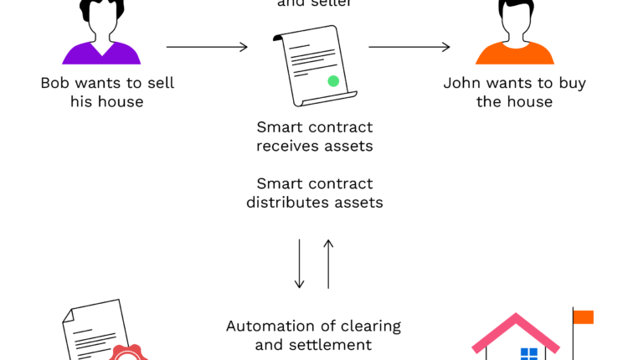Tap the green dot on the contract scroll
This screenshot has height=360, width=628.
click(333, 81)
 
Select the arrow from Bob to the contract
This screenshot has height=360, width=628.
click(207, 47)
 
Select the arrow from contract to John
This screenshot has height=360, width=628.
click(411, 47)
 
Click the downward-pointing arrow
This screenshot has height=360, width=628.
click(300, 264)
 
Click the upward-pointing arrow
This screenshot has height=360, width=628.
click(328, 264)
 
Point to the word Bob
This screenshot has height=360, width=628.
click(54, 84)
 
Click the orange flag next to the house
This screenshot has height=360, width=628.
click(584, 316)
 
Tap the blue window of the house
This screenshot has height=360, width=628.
click(529, 353)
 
